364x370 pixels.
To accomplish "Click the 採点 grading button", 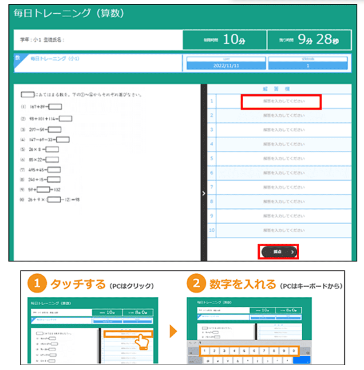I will point(278,252).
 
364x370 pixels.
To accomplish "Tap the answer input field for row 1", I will point(281,102).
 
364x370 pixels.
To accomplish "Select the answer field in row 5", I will point(283,158).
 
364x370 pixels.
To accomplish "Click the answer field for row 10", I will point(283,230).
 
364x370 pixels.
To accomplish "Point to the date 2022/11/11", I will point(226,66).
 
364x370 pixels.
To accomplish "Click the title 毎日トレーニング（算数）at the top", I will point(69,13).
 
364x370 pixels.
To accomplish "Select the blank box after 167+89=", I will point(55,106).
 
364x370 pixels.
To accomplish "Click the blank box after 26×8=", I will point(52,149).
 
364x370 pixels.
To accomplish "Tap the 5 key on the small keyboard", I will point(244,351).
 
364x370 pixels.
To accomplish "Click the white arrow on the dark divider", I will point(204,193).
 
